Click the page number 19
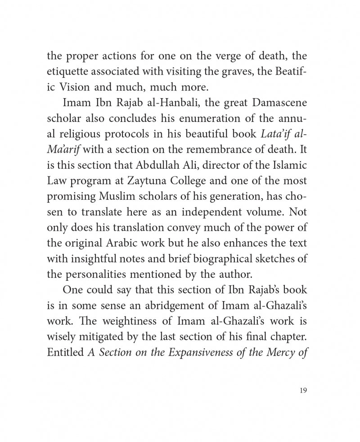[x=302, y=391]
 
